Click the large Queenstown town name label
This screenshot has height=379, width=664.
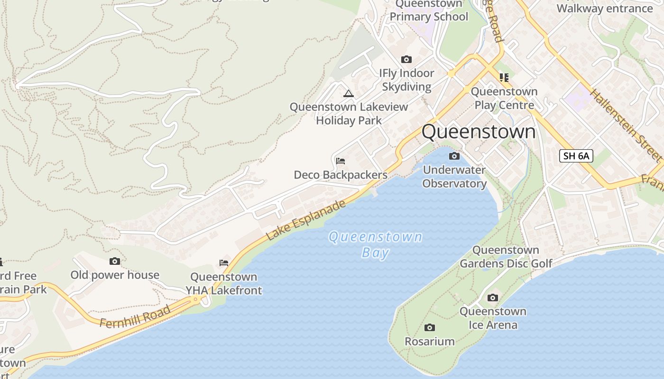479,132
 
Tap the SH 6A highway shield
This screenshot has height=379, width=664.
576,156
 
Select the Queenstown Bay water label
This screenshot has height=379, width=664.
376,244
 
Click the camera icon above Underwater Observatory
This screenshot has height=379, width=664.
454,156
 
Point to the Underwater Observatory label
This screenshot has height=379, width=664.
454,177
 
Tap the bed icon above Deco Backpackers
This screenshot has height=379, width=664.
341,161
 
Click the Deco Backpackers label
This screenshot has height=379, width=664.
341,175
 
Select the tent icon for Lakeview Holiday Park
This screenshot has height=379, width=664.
349,93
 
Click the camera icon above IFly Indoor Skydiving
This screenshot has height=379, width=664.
406,59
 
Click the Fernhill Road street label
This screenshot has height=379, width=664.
135,317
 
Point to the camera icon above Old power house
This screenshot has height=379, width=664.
115,261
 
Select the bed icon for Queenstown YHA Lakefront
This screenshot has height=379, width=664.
224,263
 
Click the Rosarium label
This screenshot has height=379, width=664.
429,341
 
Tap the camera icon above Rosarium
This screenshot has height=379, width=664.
430,327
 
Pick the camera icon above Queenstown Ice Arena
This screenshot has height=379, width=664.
493,298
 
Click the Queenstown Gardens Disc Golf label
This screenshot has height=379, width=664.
506,257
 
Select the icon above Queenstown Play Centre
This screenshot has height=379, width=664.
504,77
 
